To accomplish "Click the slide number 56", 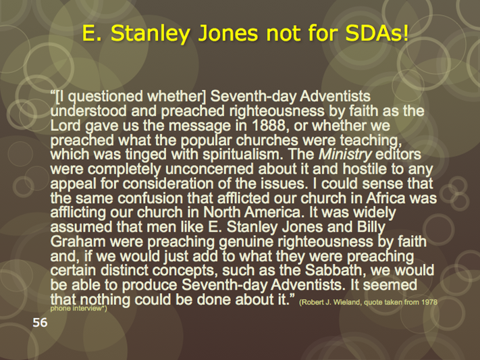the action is coord(40,323).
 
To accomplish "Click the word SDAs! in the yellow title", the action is coord(377,33).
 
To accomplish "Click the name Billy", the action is coord(371,228).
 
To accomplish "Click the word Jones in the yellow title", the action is coord(229,33).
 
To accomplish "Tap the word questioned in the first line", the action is coord(105,97).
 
